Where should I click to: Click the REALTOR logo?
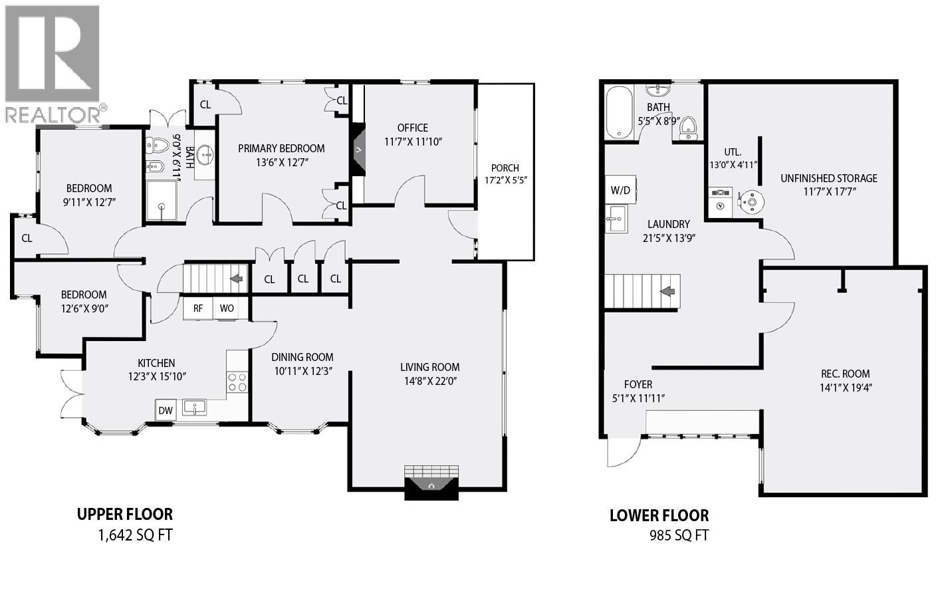pyautogui.click(x=53, y=64)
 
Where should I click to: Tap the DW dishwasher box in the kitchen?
pyautogui.click(x=166, y=410)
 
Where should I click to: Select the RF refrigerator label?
pyautogui.click(x=198, y=308)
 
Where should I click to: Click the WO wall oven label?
pyautogui.click(x=227, y=308)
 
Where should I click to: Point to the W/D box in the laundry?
pyautogui.click(x=620, y=190)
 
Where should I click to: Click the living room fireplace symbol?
pyautogui.click(x=431, y=484)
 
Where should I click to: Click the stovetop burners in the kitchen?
pyautogui.click(x=237, y=382)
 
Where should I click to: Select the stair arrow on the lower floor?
pyautogui.click(x=667, y=291)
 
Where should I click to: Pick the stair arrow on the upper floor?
pyautogui.click(x=235, y=279)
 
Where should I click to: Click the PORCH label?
pyautogui.click(x=505, y=168)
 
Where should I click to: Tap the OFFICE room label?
pyautogui.click(x=413, y=128)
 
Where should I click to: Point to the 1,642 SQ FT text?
pyautogui.click(x=135, y=535)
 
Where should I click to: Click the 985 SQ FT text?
pyautogui.click(x=679, y=535)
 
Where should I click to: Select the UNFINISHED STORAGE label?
pyautogui.click(x=828, y=178)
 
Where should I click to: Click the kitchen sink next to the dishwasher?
pyautogui.click(x=195, y=407)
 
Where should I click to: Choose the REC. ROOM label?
pyautogui.click(x=845, y=374)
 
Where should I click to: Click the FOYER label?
pyautogui.click(x=638, y=384)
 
